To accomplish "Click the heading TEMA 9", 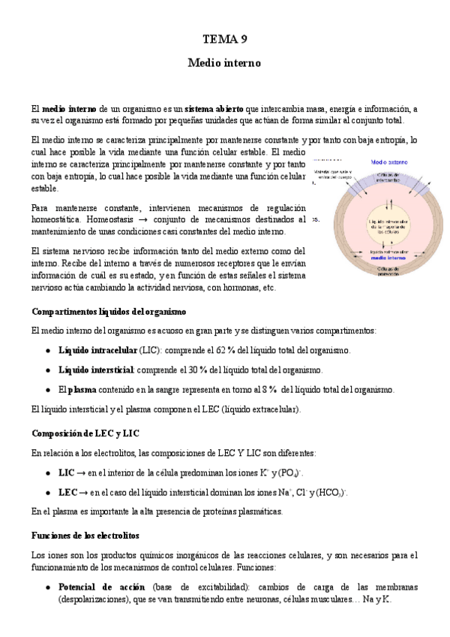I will click(224, 39).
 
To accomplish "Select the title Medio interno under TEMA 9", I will click(224, 64).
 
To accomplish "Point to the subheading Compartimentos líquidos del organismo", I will click(109, 311).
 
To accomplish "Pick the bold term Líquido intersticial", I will click(96, 370).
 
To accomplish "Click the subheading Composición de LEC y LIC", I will click(85, 433).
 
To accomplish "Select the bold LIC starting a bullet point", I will click(66, 472).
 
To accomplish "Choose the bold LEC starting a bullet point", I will click(67, 492).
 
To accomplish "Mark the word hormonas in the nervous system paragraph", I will click(238, 288).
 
